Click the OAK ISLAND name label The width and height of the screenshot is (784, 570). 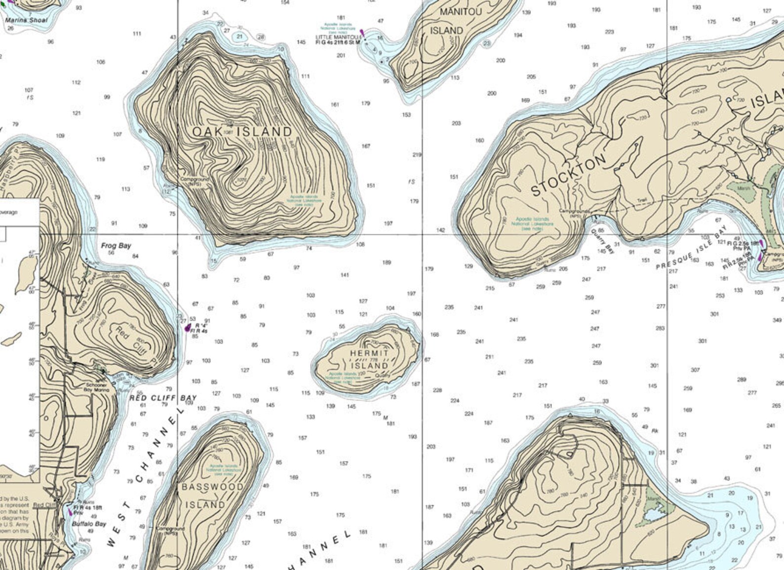click(242, 132)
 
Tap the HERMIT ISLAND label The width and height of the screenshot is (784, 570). click(369, 359)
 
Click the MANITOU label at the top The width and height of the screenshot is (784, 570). click(460, 12)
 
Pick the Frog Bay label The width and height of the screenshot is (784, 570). click(116, 246)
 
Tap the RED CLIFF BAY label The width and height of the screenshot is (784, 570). click(163, 398)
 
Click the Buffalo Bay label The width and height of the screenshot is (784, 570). click(89, 524)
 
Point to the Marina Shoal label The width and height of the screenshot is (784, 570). click(27, 20)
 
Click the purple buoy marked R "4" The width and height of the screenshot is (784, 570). click(187, 327)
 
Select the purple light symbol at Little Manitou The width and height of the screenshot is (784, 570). click(362, 33)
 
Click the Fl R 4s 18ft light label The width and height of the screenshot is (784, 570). click(88, 507)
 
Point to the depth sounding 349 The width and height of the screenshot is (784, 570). click(777, 320)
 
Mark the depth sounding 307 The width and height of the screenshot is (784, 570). click(695, 370)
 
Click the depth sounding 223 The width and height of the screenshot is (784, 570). click(609, 32)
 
